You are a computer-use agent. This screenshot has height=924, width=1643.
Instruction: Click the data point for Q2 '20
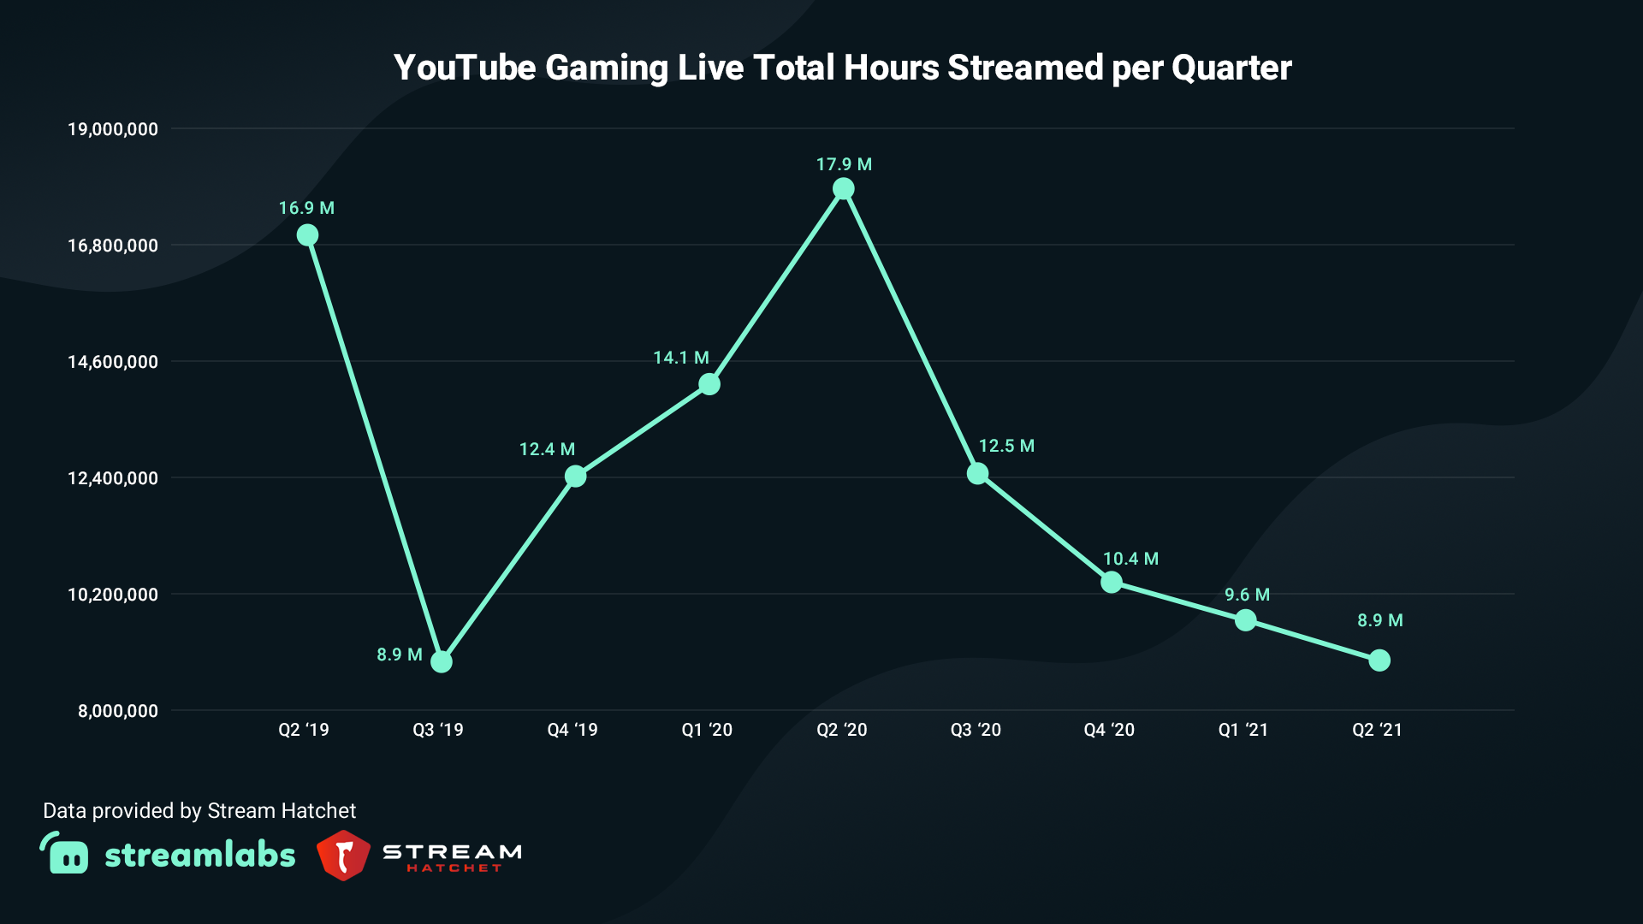coord(844,188)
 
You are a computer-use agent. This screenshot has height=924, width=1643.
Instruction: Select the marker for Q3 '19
coord(442,661)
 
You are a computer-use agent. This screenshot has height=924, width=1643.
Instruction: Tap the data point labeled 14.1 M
coord(709,384)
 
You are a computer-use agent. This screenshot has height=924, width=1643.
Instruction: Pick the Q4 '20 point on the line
coord(1112,583)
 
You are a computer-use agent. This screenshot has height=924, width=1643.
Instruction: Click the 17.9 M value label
coord(844,164)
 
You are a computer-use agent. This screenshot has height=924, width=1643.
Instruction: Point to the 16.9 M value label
coord(306,208)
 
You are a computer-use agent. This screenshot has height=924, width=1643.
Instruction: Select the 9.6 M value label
coord(1247,595)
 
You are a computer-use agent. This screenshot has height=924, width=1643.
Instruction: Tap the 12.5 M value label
coord(1006,446)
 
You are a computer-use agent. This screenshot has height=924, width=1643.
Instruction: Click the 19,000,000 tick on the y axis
coord(113,129)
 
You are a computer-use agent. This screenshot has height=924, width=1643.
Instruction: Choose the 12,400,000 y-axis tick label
coord(113,478)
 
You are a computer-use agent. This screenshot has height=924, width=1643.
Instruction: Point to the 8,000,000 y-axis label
coord(118,711)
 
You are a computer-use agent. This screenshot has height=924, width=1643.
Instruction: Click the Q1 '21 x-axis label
coord(1243,730)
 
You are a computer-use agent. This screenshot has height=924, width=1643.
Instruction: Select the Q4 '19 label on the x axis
coord(572,730)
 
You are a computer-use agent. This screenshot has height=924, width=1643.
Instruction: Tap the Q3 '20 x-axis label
coord(976,730)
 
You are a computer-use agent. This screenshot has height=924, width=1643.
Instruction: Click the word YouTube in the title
coord(465,68)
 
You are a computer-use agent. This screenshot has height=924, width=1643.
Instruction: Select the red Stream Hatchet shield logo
coord(343,855)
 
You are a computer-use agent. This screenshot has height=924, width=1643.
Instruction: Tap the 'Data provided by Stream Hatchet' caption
coord(199,811)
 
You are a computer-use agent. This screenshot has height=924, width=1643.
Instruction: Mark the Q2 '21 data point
coord(1379,660)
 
